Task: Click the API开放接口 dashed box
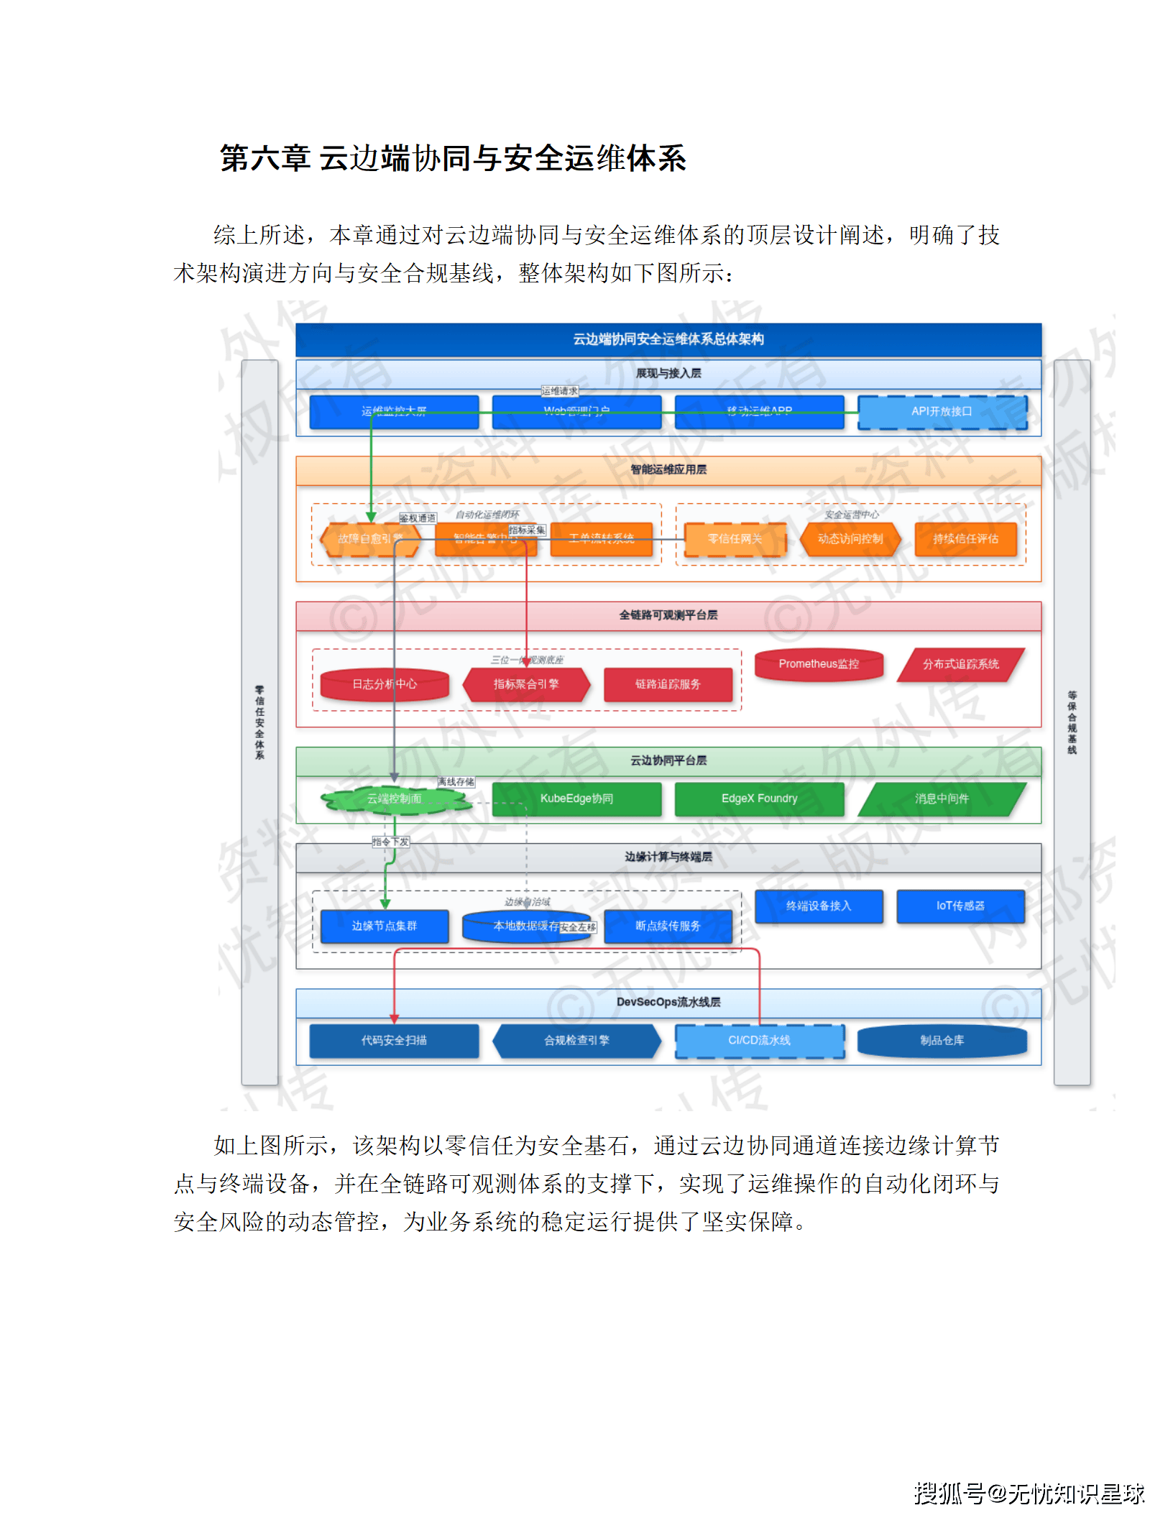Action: (x=942, y=412)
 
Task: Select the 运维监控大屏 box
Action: (x=394, y=412)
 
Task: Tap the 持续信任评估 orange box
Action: (x=965, y=539)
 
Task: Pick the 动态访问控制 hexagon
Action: (x=850, y=539)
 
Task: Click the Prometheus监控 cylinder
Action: (x=819, y=664)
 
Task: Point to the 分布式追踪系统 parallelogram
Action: (x=960, y=664)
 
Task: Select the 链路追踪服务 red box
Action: (x=668, y=684)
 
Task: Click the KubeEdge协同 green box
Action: (x=576, y=799)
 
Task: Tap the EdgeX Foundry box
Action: (x=759, y=799)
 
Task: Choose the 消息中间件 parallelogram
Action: (x=942, y=799)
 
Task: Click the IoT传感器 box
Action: (x=960, y=906)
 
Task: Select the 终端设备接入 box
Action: (x=819, y=906)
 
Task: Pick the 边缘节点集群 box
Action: (x=385, y=926)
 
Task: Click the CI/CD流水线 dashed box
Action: (x=759, y=1041)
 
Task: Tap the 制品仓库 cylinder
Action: (x=942, y=1041)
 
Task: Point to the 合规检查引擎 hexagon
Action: (x=576, y=1041)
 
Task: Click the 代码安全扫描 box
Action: (x=394, y=1041)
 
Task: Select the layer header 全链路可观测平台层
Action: (x=668, y=615)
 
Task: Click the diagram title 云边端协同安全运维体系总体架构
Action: (x=668, y=339)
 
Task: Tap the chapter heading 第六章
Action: (x=264, y=158)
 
